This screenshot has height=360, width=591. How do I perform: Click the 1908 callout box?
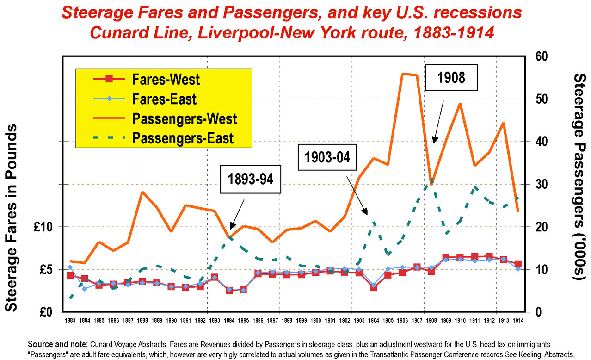pyautogui.click(x=451, y=78)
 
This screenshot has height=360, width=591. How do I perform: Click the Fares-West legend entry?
pyautogui.click(x=166, y=79)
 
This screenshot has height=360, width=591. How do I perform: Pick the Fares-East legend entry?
pyautogui.click(x=164, y=99)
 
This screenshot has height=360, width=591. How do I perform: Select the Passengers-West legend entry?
pyautogui.click(x=185, y=118)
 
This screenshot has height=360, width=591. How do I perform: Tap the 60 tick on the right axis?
pyautogui.click(x=542, y=56)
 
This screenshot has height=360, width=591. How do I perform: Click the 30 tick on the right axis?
pyautogui.click(x=542, y=184)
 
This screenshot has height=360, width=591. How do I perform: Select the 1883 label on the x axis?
pyautogui.click(x=70, y=320)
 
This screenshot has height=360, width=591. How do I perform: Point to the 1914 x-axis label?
pyautogui.click(x=518, y=320)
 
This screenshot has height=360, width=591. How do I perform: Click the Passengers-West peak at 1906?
pyautogui.click(x=403, y=73)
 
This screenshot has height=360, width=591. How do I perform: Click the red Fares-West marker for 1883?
pyautogui.click(x=70, y=275)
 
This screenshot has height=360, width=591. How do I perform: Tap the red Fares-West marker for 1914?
pyautogui.click(x=518, y=264)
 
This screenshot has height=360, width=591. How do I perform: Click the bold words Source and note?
pyautogui.click(x=56, y=344)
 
